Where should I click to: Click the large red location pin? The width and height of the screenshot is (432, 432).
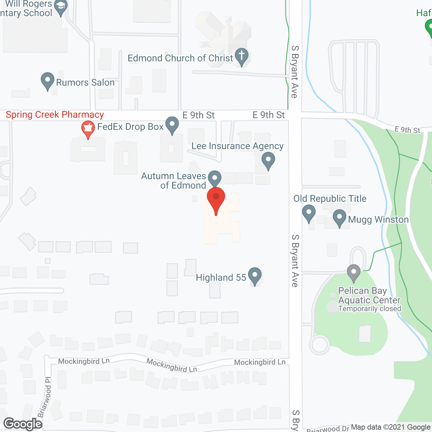click(216, 199)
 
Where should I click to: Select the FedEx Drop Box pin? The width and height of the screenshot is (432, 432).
click(172, 125)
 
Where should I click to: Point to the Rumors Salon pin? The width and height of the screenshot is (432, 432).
click(48, 81)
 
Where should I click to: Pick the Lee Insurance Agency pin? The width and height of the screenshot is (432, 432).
click(268, 161)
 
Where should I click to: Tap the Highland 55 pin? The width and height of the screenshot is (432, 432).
click(255, 276)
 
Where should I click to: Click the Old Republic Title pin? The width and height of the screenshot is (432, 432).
click(308, 213)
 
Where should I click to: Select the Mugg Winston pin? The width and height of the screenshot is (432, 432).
click(340, 218)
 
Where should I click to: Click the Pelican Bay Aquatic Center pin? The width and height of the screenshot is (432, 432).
click(354, 273)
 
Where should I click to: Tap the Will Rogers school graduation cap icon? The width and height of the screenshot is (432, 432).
click(61, 7)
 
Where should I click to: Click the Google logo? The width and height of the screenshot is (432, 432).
click(23, 424)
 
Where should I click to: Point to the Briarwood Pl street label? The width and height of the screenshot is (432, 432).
click(45, 397)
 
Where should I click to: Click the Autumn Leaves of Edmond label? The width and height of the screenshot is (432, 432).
click(174, 181)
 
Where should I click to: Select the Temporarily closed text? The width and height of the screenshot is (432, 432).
click(370, 309)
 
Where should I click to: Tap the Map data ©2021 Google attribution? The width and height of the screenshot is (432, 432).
click(390, 427)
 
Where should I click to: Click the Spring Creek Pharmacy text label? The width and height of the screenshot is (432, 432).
click(55, 115)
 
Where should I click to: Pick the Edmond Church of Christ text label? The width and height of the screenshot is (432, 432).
click(180, 58)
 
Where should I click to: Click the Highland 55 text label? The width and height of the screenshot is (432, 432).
click(221, 277)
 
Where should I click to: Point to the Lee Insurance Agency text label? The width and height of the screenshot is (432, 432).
click(237, 146)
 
